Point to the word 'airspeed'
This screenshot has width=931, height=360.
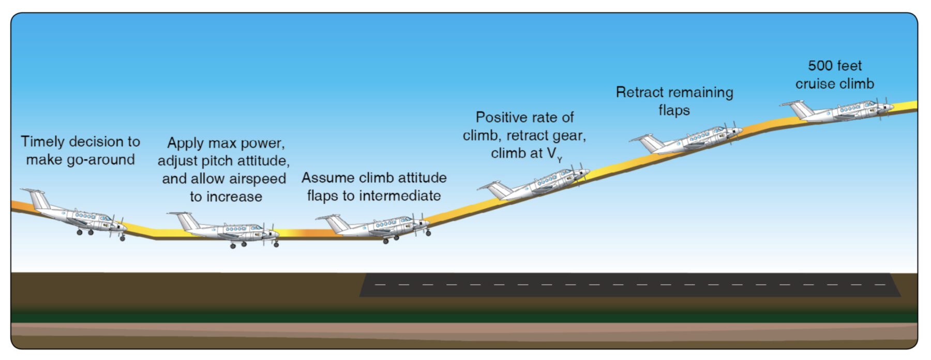pos(257,179)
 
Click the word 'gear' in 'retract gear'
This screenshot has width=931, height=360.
pos(569,136)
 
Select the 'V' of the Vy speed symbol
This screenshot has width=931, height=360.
pos(551,154)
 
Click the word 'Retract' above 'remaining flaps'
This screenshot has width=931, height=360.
pos(639,93)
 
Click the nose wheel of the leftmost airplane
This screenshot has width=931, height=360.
pos(123,238)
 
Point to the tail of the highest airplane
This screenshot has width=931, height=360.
pos(800,108)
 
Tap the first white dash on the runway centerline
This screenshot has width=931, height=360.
pos(380,284)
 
